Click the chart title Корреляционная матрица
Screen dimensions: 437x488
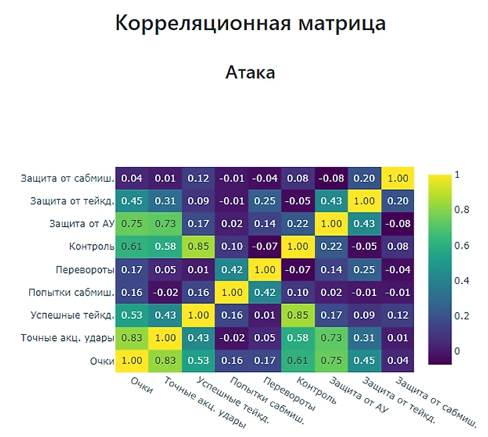click(250, 23)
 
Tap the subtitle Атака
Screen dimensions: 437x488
click(250, 72)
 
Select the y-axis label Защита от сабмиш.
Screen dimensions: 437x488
click(67, 178)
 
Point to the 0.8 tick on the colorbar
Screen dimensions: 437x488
click(461, 210)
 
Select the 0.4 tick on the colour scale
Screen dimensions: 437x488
click(461, 281)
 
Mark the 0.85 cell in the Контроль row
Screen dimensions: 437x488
click(198, 247)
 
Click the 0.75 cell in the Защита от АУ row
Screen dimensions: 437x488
click(131, 224)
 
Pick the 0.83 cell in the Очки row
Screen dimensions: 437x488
click(164, 361)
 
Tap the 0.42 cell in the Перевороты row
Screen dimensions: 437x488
click(231, 270)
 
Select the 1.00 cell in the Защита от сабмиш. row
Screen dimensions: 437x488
click(398, 178)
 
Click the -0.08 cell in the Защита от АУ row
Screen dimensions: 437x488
click(398, 224)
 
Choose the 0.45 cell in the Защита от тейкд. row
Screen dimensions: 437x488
click(131, 201)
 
